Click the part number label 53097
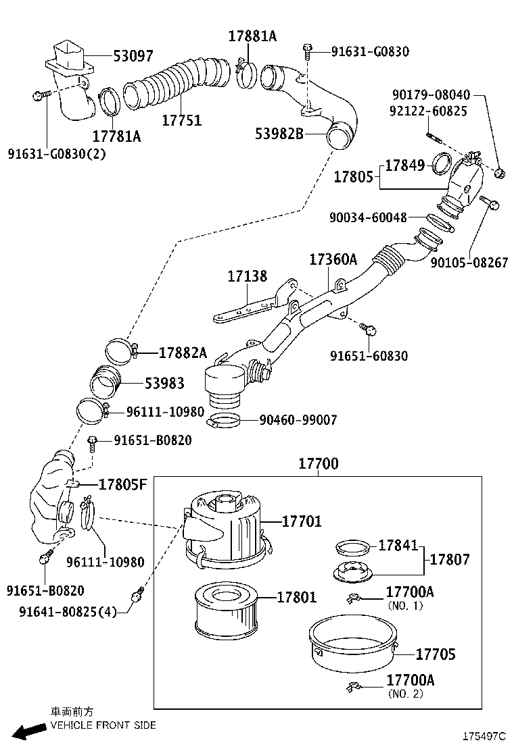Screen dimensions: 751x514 pyautogui.click(x=133, y=56)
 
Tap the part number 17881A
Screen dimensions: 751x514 pyautogui.click(x=252, y=36)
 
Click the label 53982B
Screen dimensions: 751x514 pyautogui.click(x=279, y=133)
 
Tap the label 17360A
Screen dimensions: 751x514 pyautogui.click(x=333, y=259)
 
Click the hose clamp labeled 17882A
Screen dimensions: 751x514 pyautogui.click(x=121, y=351)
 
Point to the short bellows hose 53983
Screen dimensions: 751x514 pyautogui.click(x=106, y=382)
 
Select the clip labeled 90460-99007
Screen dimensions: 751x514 pyautogui.click(x=223, y=423)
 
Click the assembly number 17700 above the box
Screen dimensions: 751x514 pyautogui.click(x=318, y=464)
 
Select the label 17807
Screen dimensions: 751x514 pyautogui.click(x=450, y=559)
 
